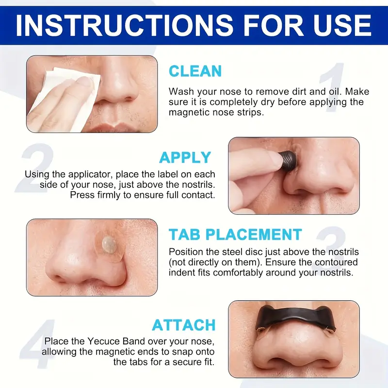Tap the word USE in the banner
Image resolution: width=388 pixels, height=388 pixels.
pyautogui.click(x=334, y=25)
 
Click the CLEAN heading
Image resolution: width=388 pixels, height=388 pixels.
pyautogui.click(x=195, y=71)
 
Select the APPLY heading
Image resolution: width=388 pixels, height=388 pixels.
pyautogui.click(x=185, y=158)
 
